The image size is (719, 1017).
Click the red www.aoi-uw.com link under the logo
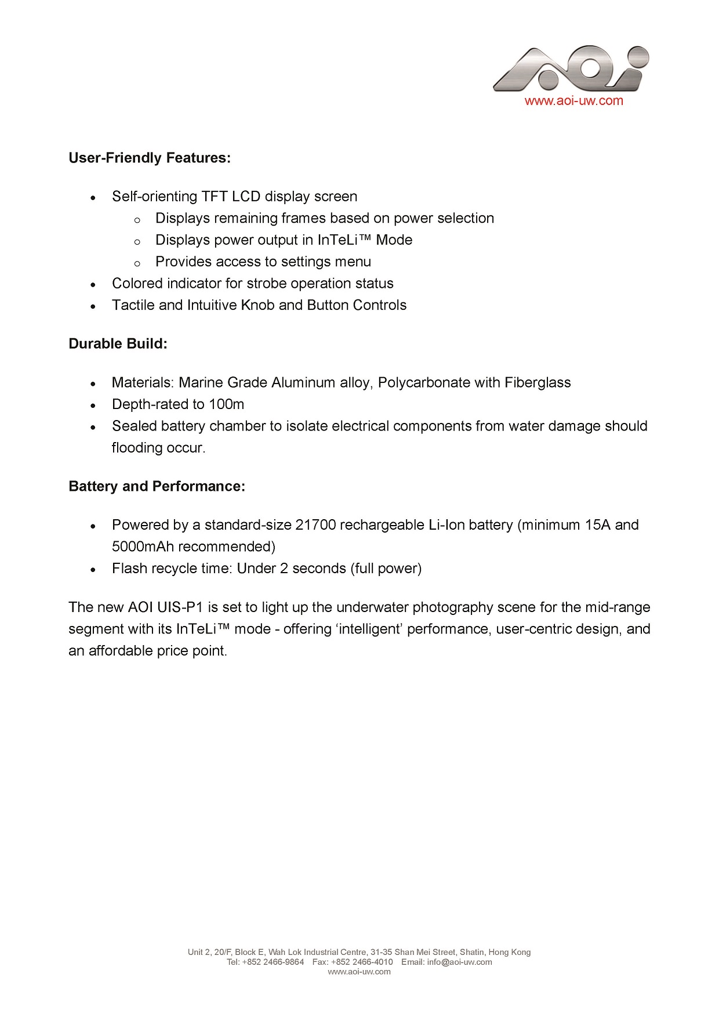click(573, 101)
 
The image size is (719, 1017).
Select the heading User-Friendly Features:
click(150, 158)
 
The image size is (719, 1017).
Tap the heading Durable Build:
click(118, 343)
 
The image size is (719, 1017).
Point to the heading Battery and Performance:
click(157, 486)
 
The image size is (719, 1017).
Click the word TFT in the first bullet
click(215, 197)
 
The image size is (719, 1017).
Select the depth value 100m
click(227, 404)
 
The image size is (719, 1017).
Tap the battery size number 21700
click(315, 525)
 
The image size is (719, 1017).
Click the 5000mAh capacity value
click(143, 546)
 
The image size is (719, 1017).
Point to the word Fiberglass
click(538, 383)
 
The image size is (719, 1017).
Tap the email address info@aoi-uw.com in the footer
click(459, 962)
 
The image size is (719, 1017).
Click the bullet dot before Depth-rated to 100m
click(93, 406)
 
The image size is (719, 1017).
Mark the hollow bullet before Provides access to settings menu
click(137, 263)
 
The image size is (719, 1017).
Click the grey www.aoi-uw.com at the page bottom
click(359, 972)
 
